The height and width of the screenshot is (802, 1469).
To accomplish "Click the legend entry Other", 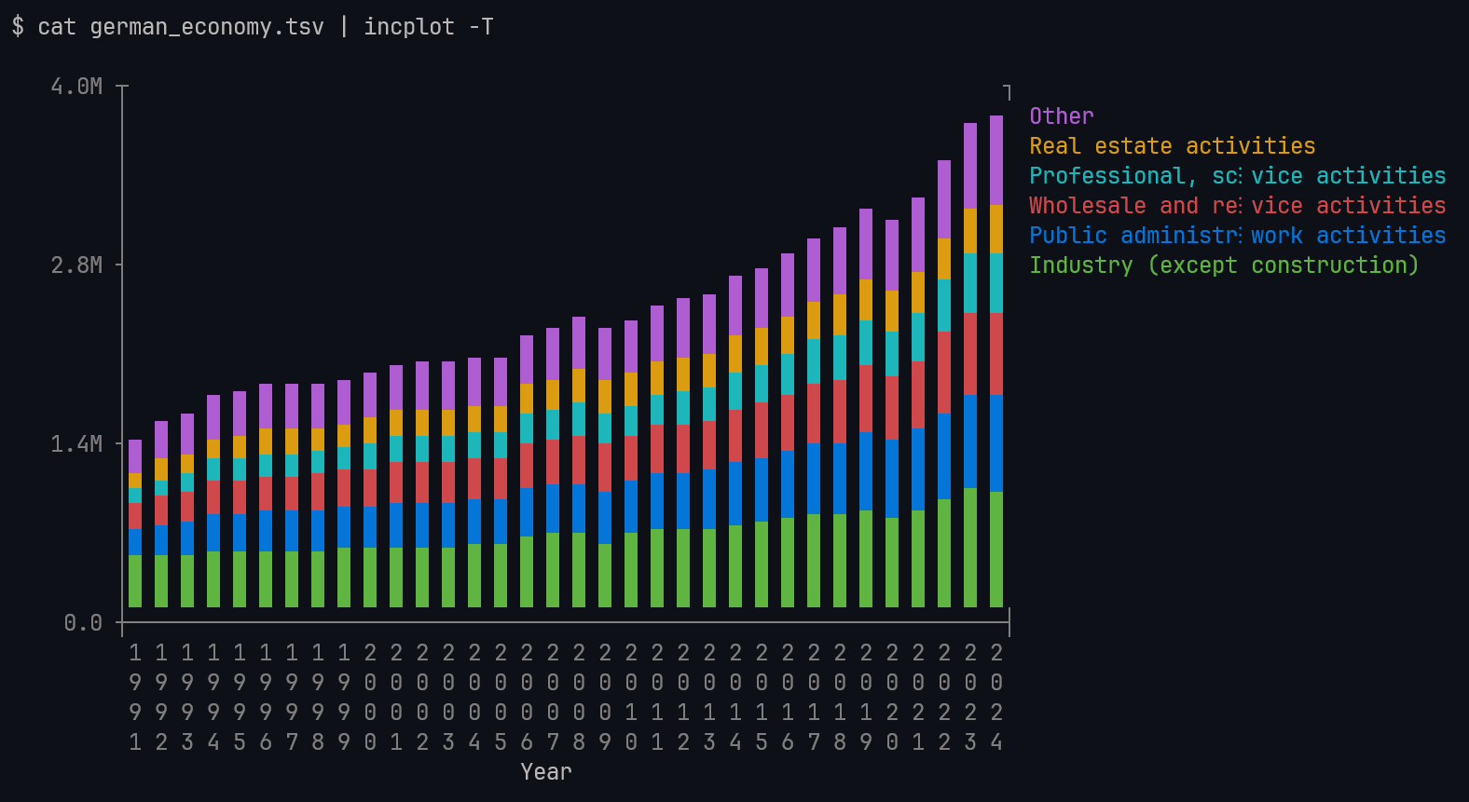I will [1061, 116].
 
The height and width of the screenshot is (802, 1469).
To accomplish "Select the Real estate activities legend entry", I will [1172, 146].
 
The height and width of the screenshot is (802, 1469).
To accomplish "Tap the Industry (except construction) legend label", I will [1223, 265].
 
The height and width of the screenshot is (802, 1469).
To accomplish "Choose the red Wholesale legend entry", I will [1237, 206].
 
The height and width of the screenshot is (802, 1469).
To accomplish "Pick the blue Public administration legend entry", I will [1237, 236].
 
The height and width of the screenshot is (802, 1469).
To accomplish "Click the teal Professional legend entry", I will [1237, 176].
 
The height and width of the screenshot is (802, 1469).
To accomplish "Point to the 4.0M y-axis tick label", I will [76, 87].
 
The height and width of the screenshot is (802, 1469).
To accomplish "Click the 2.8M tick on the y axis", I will [76, 265].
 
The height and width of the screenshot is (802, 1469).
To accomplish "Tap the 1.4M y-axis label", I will [76, 444].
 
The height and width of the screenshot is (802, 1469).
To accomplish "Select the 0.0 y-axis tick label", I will [83, 623].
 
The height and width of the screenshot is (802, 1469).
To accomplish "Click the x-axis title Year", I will [546, 772].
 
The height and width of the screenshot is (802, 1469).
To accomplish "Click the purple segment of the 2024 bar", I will [996, 160].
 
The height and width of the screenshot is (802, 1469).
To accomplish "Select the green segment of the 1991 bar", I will [135, 581].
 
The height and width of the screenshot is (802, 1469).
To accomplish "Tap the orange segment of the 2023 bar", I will [970, 231].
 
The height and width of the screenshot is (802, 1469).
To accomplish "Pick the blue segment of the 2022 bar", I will [944, 456].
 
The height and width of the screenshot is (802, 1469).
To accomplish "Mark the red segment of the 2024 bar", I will [996, 354].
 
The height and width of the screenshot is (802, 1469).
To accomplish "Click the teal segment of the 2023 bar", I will [970, 283].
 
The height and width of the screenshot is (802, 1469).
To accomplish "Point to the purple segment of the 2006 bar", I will [527, 360].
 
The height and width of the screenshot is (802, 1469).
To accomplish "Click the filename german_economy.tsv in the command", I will [207, 27].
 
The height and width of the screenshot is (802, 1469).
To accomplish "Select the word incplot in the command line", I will [409, 27].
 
